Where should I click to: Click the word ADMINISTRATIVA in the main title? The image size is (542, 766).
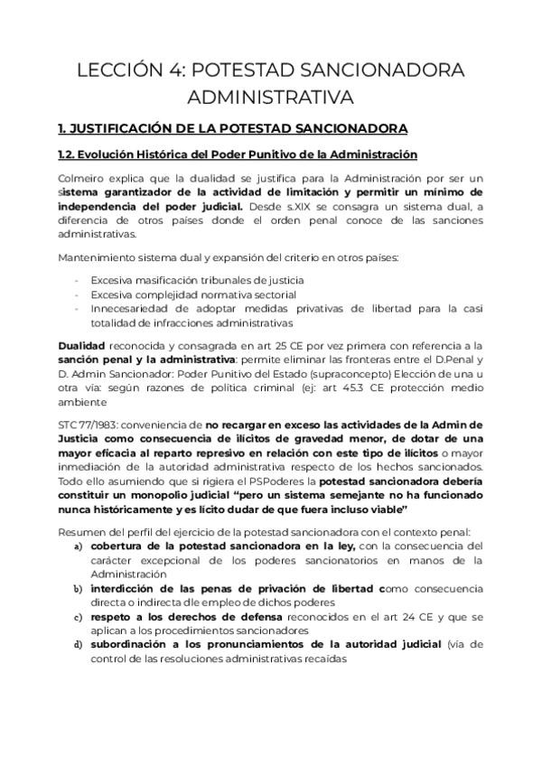(x=271, y=97)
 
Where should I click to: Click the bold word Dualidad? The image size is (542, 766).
(x=80, y=345)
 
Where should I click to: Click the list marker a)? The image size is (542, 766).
(x=79, y=546)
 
